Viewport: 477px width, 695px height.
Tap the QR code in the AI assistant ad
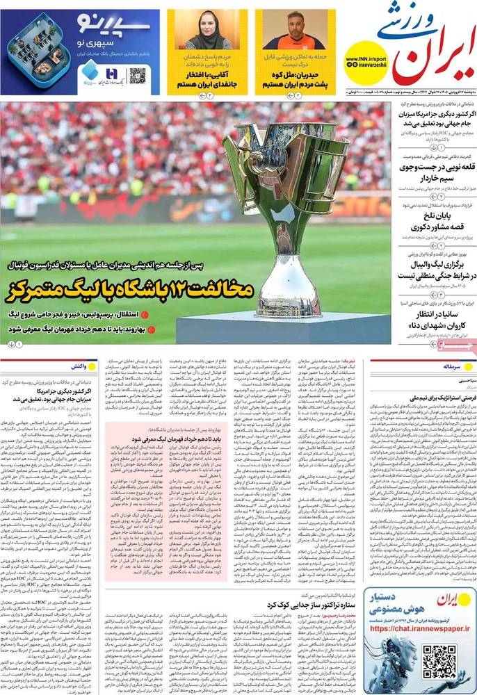click(x=442, y=657)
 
